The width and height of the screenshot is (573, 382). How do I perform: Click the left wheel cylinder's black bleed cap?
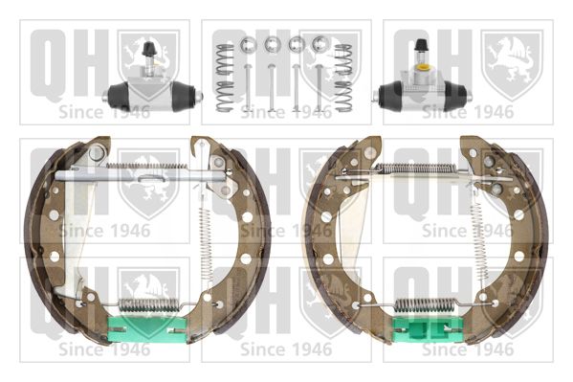pos(148,49)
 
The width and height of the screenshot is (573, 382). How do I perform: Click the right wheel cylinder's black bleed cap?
pos(422,45)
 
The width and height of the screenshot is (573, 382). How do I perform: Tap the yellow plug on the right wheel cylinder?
pos(424,68)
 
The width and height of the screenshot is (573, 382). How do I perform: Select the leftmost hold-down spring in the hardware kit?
pos(225,78)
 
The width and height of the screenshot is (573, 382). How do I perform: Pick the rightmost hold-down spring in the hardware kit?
pos(343,78)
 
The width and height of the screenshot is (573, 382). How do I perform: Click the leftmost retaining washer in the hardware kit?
pos(248,45)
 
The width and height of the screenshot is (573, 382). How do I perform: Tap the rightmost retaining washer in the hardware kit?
pos(320,44)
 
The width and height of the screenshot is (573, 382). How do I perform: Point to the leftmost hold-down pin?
pos(248,87)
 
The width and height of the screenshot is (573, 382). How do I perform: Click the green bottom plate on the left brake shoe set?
pos(147,329)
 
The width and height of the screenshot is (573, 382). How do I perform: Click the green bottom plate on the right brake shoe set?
pos(428,329)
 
